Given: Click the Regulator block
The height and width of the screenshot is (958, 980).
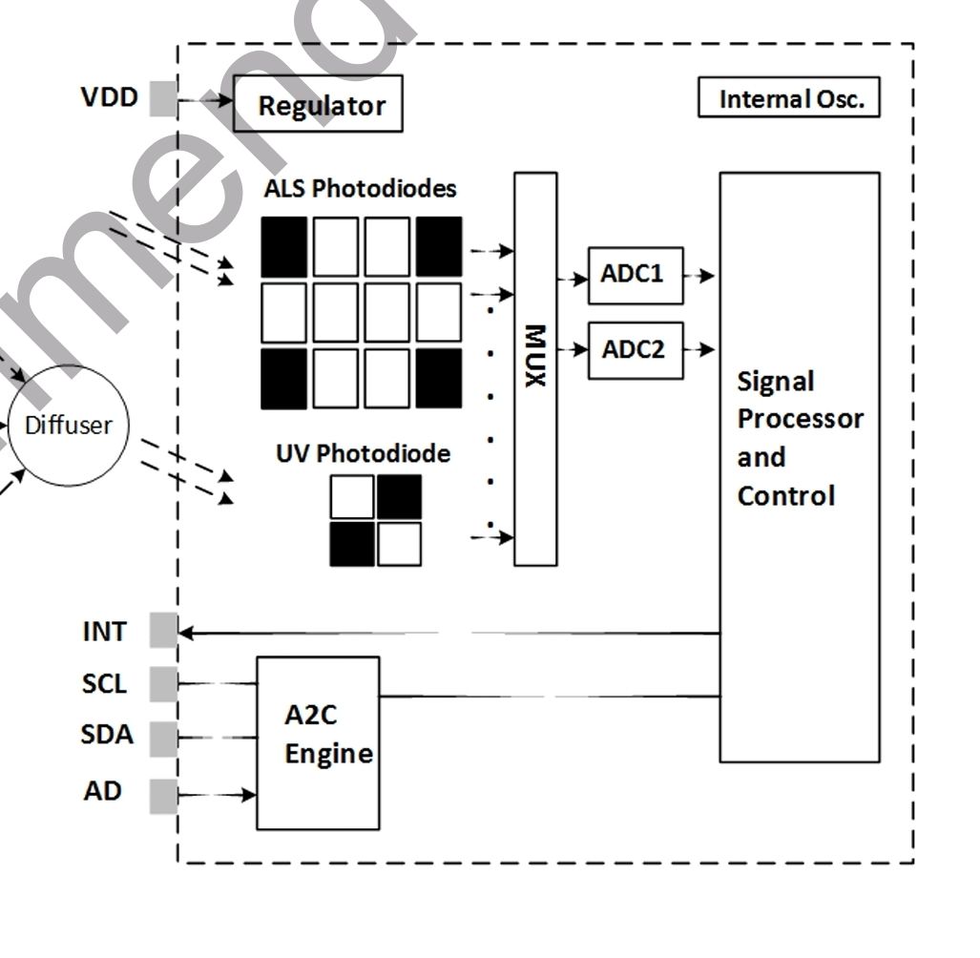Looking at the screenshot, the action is pyautogui.click(x=318, y=104).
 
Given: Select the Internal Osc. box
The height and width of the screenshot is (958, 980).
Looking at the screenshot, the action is pyautogui.click(x=789, y=97).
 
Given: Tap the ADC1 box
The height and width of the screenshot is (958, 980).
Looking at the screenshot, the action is pyautogui.click(x=636, y=276).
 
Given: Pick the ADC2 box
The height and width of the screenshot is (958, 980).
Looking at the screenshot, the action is pyautogui.click(x=636, y=350).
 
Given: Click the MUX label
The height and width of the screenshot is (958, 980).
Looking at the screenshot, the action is pyautogui.click(x=535, y=356).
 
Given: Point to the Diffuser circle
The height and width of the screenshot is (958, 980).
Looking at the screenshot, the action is pyautogui.click(x=69, y=426).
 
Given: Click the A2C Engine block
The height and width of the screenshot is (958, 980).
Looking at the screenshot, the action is pyautogui.click(x=318, y=743).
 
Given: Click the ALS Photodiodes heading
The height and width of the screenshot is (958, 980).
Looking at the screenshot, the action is pyautogui.click(x=360, y=189).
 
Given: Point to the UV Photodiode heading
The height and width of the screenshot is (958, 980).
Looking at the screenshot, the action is pyautogui.click(x=364, y=453).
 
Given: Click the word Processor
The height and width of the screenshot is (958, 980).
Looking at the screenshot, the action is pyautogui.click(x=801, y=419).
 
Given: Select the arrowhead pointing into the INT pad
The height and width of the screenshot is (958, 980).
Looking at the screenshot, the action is pyautogui.click(x=186, y=633).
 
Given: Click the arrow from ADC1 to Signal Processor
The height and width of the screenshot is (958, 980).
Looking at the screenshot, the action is pyautogui.click(x=699, y=276).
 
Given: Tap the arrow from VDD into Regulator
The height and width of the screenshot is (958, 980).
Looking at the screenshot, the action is pyautogui.click(x=205, y=99).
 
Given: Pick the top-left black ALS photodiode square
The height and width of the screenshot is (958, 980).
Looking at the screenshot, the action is pyautogui.click(x=283, y=247).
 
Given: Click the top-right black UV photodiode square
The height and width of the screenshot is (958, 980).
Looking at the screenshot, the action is pyautogui.click(x=400, y=497).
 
